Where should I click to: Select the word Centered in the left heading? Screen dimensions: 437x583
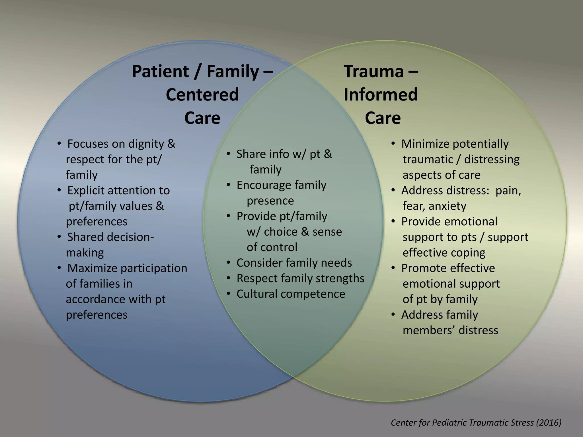tap(202, 94)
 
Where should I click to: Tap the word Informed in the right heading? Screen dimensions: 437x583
tap(381, 94)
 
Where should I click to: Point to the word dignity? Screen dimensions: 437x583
tap(146, 144)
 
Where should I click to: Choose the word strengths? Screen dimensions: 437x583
tap(340, 279)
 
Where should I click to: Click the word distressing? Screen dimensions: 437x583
tap(492, 160)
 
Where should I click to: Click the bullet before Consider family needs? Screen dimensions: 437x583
tap(228, 262)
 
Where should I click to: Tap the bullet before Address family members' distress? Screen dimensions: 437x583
tap(393, 314)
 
